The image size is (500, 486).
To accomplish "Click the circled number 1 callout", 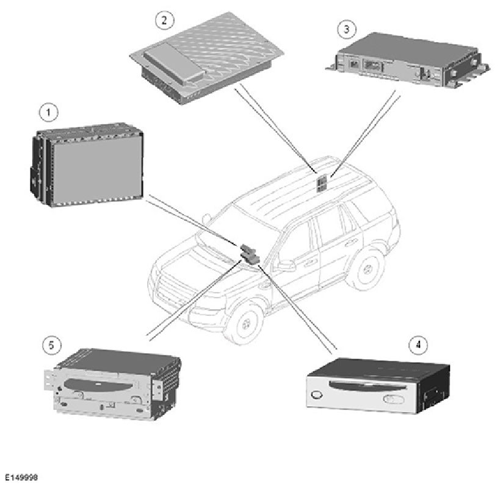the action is point(48,112).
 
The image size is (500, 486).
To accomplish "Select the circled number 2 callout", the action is point(165,20).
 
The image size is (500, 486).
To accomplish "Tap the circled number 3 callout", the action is point(347,29).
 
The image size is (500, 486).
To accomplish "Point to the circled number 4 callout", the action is point(418,345).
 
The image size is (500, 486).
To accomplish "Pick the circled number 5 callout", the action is point(52,345).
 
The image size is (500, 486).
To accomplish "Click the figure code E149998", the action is point(21,477).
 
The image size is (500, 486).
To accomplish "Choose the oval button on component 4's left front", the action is point(316,395).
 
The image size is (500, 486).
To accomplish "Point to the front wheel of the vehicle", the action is point(245,322).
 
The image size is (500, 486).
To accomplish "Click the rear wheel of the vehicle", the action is point(369,270).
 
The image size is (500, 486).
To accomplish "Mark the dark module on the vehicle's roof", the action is point(321,184).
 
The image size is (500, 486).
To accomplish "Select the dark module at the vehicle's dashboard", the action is point(250,254).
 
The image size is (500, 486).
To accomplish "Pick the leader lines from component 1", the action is point(194,222).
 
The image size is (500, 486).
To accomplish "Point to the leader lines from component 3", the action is point(364,133).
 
